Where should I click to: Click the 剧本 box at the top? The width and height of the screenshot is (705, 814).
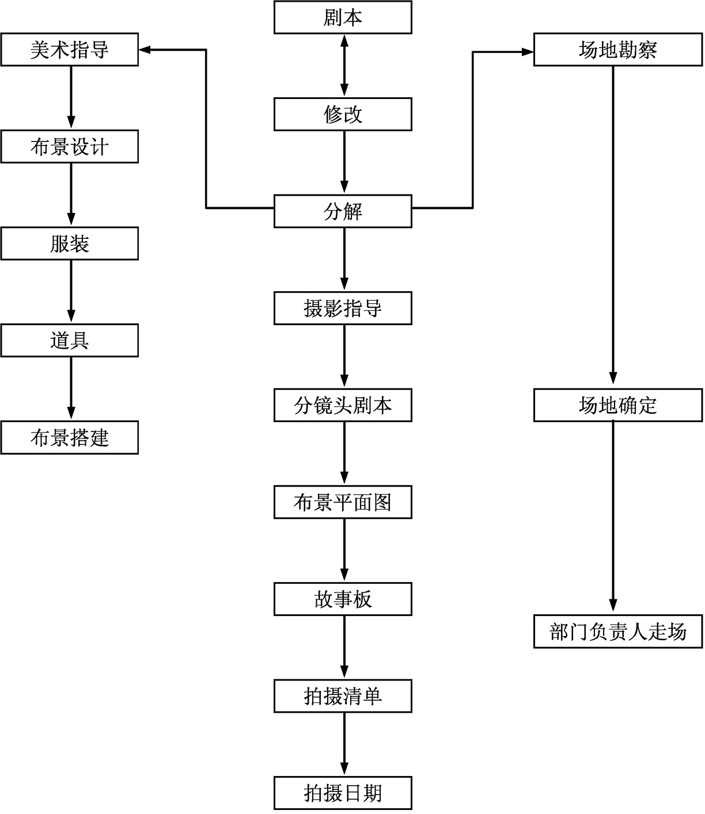pyautogui.click(x=343, y=17)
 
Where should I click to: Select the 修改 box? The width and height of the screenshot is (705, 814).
pyautogui.click(x=343, y=114)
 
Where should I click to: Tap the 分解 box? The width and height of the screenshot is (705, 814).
pyautogui.click(x=343, y=211)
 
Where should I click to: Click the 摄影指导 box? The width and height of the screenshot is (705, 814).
pyautogui.click(x=343, y=308)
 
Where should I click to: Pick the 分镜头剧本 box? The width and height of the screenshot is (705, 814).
pyautogui.click(x=343, y=406)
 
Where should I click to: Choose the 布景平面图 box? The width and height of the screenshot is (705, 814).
pyautogui.click(x=343, y=502)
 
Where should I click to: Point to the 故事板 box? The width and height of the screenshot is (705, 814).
pyautogui.click(x=343, y=599)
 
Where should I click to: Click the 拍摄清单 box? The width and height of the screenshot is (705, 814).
pyautogui.click(x=343, y=697)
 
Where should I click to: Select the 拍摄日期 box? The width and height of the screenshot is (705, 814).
pyautogui.click(x=343, y=793)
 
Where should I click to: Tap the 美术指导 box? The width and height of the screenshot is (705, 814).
pyautogui.click(x=69, y=49)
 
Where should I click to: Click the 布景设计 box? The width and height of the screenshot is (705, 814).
pyautogui.click(x=69, y=147)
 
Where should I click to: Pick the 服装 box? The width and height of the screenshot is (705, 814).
pyautogui.click(x=69, y=243)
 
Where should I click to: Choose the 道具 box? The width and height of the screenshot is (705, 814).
pyautogui.click(x=69, y=341)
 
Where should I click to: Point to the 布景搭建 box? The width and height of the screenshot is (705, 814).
pyautogui.click(x=69, y=438)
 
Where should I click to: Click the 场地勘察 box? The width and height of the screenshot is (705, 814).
pyautogui.click(x=618, y=49)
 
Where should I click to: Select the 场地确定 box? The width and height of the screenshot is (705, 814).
pyautogui.click(x=618, y=406)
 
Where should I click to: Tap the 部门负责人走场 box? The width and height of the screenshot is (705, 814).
pyautogui.click(x=618, y=632)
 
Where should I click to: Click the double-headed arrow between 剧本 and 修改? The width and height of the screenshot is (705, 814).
pyautogui.click(x=344, y=66)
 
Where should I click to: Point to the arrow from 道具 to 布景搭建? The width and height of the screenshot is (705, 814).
pyautogui.click(x=71, y=389)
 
